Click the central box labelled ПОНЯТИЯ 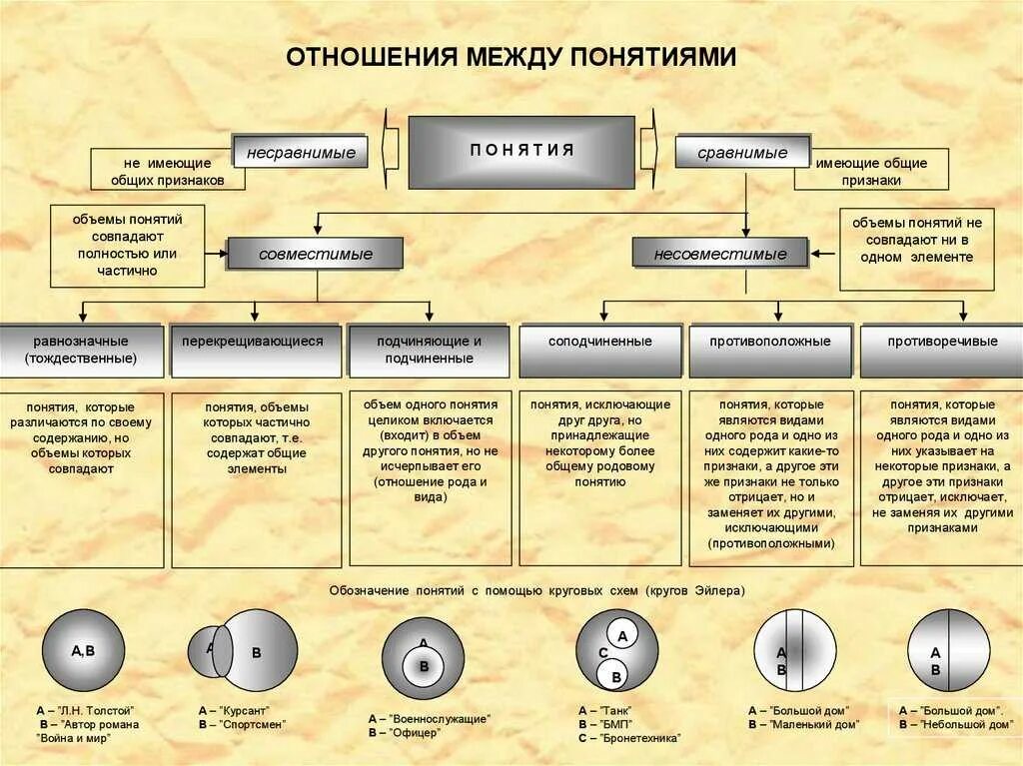pyautogui.click(x=521, y=152)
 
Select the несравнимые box pyautogui.click(x=301, y=153)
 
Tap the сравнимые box pyautogui.click(x=742, y=153)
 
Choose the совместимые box pyautogui.click(x=316, y=254)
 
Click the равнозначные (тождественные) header pyautogui.click(x=82, y=350)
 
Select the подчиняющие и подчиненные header pyautogui.click(x=429, y=350)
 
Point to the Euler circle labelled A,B pyautogui.click(x=83, y=650)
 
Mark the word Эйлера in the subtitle pyautogui.click(x=718, y=590)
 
